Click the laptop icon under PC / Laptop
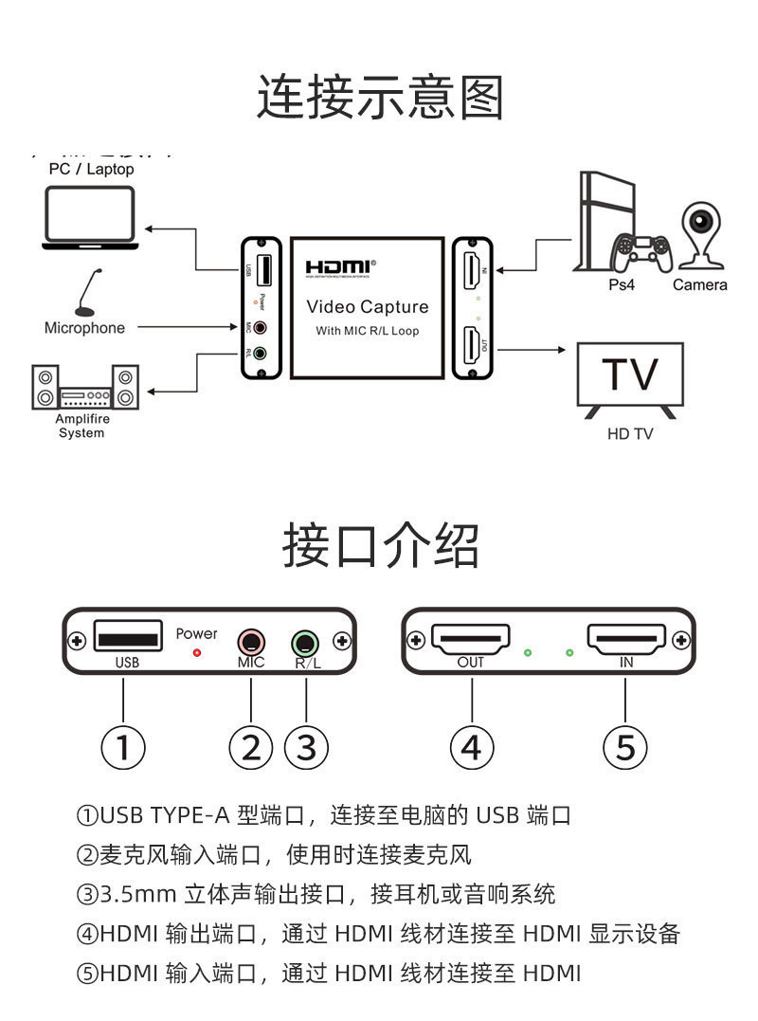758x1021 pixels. point(89,217)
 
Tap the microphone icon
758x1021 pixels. point(87,293)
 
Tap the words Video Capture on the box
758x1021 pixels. point(367,307)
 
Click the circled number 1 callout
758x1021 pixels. point(123,748)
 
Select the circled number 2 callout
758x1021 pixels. point(250,748)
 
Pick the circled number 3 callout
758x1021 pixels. point(305,748)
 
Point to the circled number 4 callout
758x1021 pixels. point(471,748)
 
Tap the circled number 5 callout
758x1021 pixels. point(625,748)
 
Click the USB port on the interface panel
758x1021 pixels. point(127,637)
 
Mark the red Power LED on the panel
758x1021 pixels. point(197,652)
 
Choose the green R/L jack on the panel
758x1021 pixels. point(305,642)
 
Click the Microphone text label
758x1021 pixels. point(84,328)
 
